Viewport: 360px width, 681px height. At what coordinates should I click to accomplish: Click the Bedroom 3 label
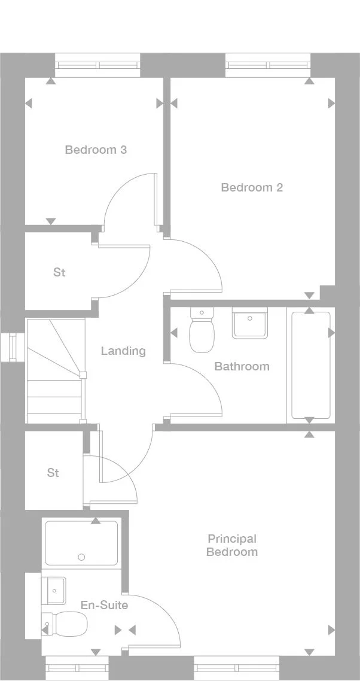pyautogui.click(x=96, y=150)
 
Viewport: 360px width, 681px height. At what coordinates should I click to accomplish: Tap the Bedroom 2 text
pyautogui.click(x=252, y=187)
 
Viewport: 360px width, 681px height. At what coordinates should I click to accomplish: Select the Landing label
pyautogui.click(x=123, y=351)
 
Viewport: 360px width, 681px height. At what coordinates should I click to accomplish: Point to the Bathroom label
pyautogui.click(x=242, y=366)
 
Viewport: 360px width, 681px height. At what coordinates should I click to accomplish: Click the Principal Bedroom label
pyautogui.click(x=231, y=545)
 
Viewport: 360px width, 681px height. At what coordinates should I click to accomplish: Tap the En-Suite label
pyautogui.click(x=104, y=605)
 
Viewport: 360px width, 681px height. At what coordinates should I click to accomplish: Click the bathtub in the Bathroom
pyautogui.click(x=310, y=364)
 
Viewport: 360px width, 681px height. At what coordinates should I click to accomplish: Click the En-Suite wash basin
pyautogui.click(x=54, y=591)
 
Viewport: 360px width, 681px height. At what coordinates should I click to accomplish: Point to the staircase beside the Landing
pyautogui.click(x=54, y=371)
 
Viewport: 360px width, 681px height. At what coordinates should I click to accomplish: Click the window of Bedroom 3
pyautogui.click(x=97, y=65)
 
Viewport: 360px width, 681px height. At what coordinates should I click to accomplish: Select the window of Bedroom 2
pyautogui.click(x=268, y=65)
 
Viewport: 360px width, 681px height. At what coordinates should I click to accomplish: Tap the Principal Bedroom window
pyautogui.click(x=236, y=667)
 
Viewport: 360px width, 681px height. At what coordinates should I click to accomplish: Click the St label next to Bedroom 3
pyautogui.click(x=59, y=272)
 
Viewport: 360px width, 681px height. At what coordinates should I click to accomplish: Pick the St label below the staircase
pyautogui.click(x=53, y=473)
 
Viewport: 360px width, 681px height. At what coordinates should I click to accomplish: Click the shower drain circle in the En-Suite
pyautogui.click(x=81, y=557)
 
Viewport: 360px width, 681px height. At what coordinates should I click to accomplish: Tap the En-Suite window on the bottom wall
pyautogui.click(x=77, y=667)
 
